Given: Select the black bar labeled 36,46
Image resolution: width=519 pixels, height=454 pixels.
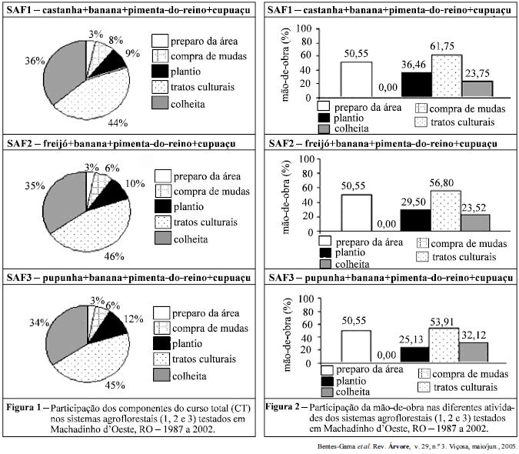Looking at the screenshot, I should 416,82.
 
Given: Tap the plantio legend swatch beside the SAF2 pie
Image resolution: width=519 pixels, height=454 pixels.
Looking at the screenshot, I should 163,206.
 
